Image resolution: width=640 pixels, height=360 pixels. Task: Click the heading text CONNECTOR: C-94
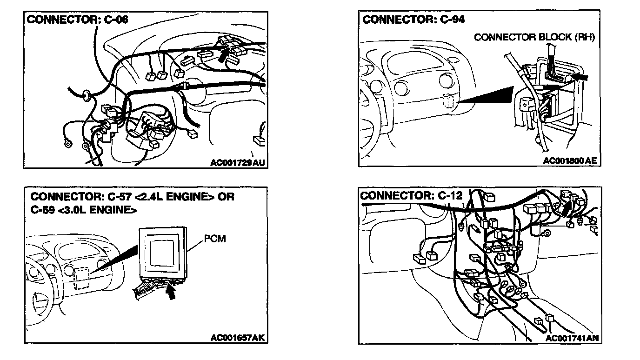click(413, 20)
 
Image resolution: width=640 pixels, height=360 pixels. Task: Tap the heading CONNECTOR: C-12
click(412, 195)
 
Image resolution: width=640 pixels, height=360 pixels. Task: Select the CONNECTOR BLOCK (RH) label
click(534, 38)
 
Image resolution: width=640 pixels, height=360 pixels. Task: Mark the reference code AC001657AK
click(238, 338)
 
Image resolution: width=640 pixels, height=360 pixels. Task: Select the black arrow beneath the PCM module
click(171, 293)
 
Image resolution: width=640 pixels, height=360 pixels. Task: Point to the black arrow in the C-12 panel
click(564, 208)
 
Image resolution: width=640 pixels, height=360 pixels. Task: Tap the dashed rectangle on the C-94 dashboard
click(449, 102)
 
